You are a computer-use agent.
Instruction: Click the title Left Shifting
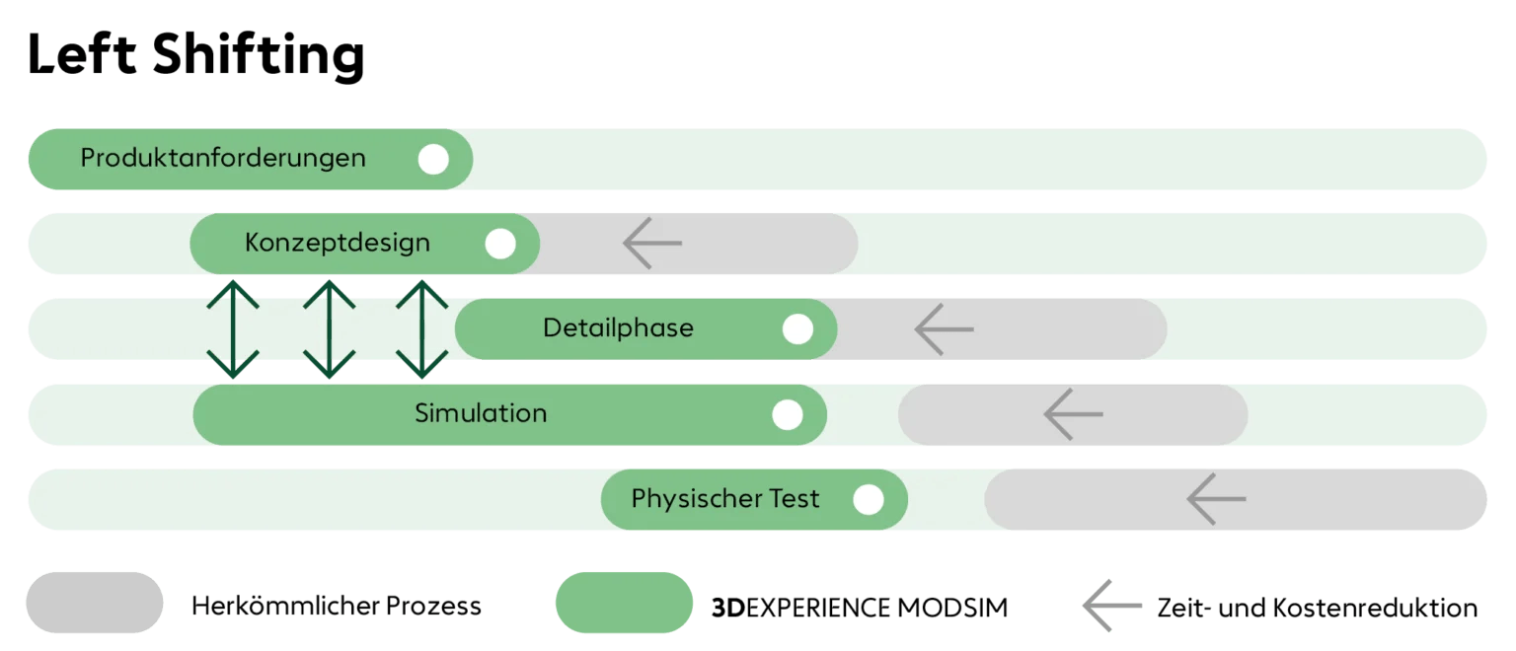click(195, 56)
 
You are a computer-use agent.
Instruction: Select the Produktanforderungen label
click(223, 158)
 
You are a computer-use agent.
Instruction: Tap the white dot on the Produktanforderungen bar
click(433, 160)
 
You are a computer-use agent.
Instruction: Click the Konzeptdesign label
click(338, 243)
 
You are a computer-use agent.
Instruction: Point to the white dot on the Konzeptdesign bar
click(500, 244)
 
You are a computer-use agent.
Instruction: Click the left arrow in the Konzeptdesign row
click(652, 243)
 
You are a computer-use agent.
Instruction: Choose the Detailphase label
click(618, 327)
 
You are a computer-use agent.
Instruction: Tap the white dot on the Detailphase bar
click(797, 329)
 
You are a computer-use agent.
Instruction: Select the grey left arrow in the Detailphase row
click(944, 329)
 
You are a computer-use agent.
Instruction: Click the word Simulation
click(481, 413)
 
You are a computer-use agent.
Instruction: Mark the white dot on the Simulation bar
click(787, 415)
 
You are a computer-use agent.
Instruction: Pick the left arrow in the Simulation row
click(1073, 414)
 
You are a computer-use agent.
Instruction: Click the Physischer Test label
click(725, 498)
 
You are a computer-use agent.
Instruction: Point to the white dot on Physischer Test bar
click(869, 500)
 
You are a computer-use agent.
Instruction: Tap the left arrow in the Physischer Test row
click(1216, 499)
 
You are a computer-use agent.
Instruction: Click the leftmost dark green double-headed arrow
click(233, 329)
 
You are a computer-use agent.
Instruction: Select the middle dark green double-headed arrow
click(329, 329)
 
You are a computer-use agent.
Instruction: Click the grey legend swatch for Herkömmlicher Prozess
click(94, 603)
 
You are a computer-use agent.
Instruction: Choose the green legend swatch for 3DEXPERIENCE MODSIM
click(624, 603)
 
